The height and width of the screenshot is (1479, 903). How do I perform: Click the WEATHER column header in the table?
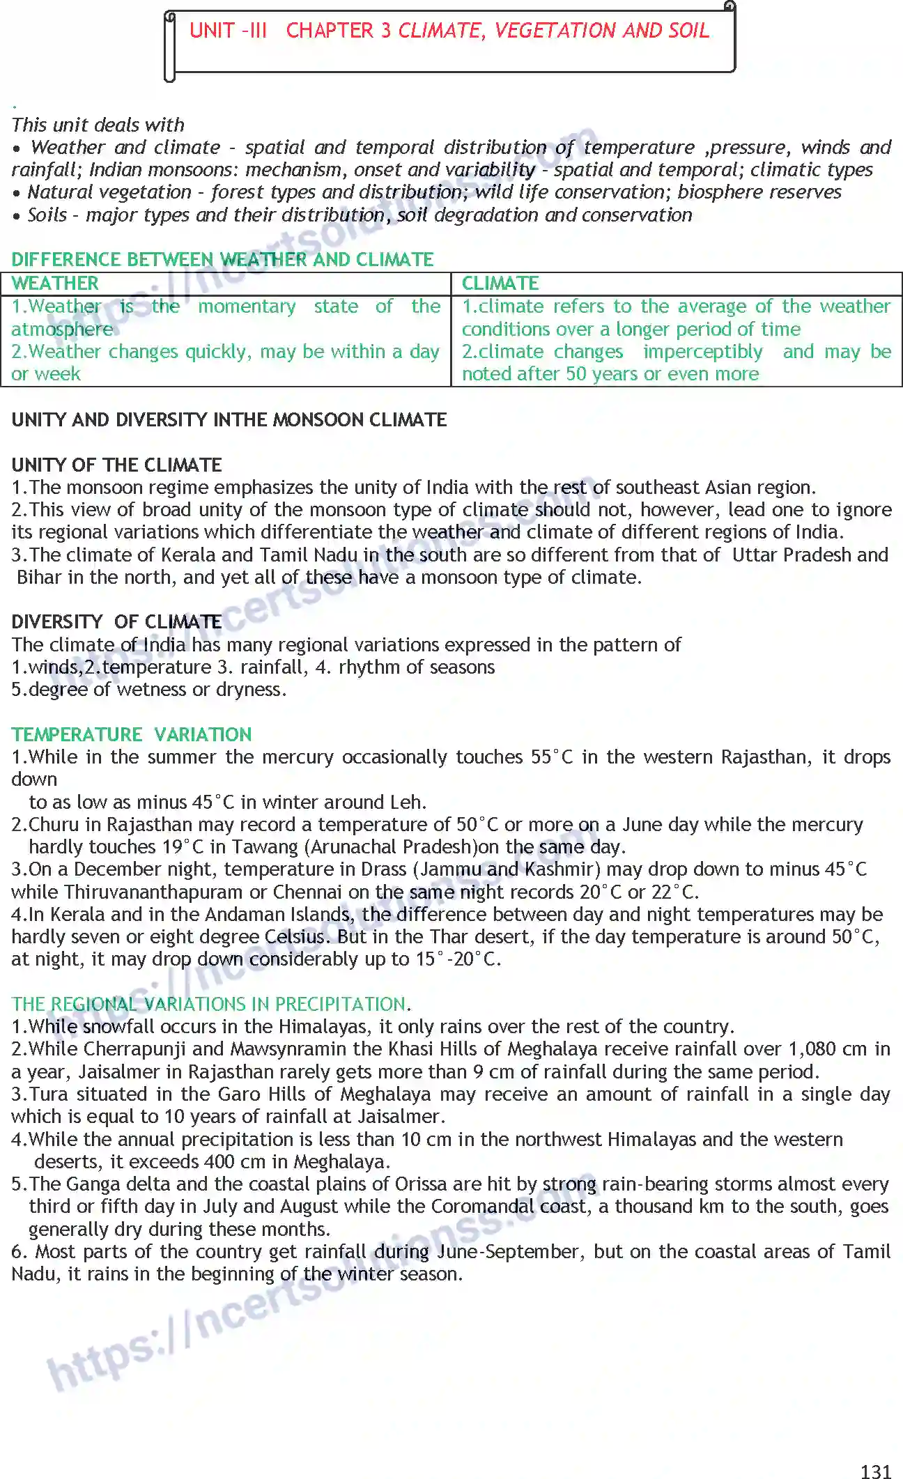coord(55,284)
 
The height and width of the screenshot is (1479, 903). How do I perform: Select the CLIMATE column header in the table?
coord(500,284)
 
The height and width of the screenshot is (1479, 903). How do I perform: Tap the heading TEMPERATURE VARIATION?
coord(132,734)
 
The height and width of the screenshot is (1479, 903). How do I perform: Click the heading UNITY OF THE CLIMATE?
coord(116,465)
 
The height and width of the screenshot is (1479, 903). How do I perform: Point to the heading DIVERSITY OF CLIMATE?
coord(116,621)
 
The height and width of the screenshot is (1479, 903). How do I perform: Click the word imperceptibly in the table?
coord(702,352)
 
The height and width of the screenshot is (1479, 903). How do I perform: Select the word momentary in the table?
coord(247,307)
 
